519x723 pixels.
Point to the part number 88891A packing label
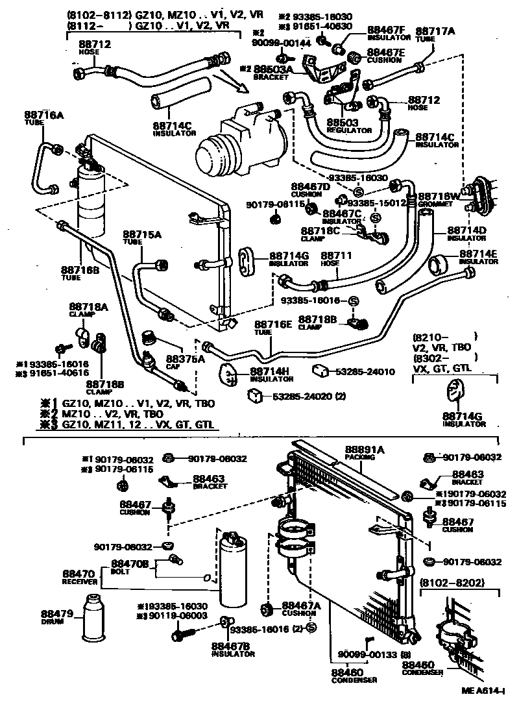364,449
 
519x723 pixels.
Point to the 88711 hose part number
336,256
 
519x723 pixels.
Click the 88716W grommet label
439,195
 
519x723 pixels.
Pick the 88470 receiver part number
80,574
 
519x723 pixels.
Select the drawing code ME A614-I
483,711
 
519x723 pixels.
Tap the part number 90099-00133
368,654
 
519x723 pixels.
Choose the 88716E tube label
272,324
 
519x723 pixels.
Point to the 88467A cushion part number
302,605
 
